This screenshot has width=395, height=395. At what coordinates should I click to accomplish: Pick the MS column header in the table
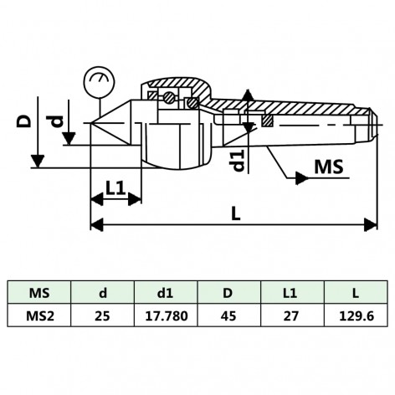pos(39,293)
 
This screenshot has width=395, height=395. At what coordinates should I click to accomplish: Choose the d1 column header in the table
pos(166,293)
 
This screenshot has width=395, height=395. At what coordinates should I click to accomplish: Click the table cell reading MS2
pos(39,316)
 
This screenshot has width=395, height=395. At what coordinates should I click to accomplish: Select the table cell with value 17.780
pos(166,316)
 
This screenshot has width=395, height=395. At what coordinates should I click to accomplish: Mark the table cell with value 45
pos(228,316)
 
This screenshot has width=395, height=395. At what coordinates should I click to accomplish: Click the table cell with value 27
pos(291,316)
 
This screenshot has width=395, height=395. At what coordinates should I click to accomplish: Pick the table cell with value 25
pos(102,316)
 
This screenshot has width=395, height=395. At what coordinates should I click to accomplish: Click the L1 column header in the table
pos(291,293)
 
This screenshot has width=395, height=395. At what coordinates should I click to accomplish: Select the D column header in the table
pos(228,293)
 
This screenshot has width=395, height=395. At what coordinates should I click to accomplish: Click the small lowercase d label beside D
pos(56,122)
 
